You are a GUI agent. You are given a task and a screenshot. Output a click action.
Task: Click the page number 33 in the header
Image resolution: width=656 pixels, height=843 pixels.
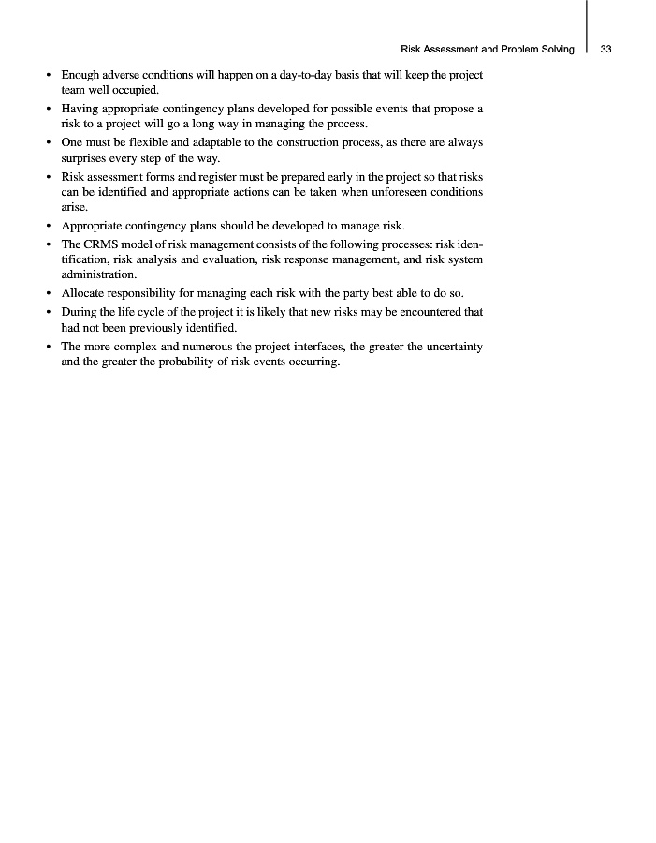[x=605, y=49]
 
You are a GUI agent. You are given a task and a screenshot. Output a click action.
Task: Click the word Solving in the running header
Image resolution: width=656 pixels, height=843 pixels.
[x=554, y=49]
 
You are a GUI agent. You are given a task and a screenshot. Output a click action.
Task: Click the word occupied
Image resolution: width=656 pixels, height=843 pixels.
[x=136, y=91]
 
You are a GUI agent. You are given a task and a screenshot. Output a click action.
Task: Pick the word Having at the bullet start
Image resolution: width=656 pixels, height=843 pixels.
[x=80, y=109]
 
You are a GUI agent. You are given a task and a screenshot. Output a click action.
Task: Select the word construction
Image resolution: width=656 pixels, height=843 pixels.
[x=301, y=142]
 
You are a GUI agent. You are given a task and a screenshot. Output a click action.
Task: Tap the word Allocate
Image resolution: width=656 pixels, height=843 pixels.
[x=85, y=293]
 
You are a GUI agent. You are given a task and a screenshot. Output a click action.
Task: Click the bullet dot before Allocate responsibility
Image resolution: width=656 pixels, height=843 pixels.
[x=49, y=293]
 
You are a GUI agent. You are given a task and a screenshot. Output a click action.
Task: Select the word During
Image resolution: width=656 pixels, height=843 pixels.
[x=80, y=311]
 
